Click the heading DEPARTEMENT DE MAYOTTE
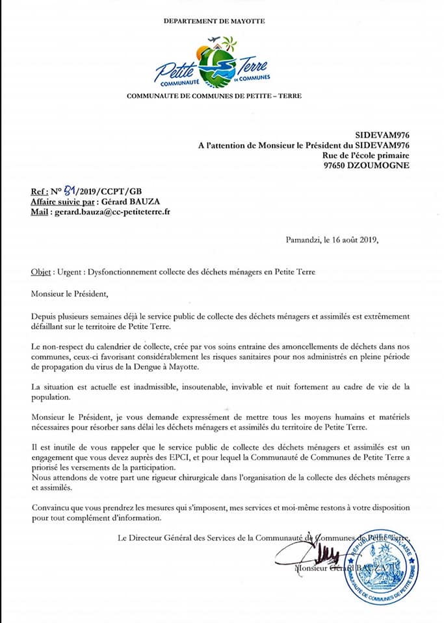click(x=214, y=21)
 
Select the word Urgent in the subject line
click(x=70, y=272)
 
